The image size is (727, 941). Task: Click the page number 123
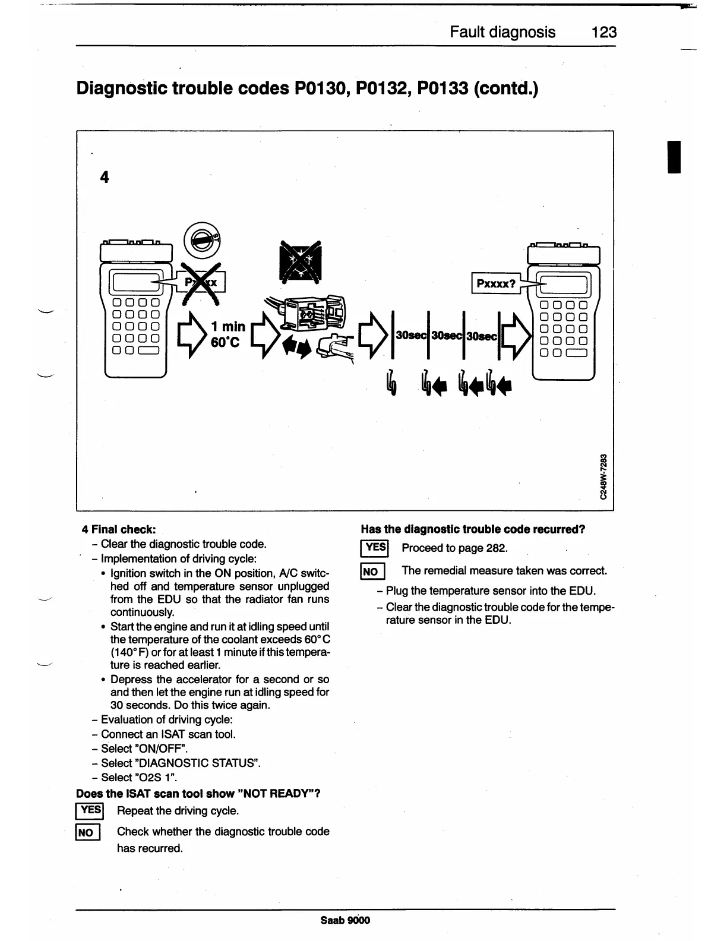[x=603, y=32]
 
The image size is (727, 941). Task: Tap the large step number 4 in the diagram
[x=105, y=177]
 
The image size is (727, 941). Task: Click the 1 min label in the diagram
[x=228, y=326]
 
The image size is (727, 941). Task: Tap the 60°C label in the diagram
[x=225, y=343]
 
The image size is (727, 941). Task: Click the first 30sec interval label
[x=409, y=336]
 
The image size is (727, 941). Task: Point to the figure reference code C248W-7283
[x=604, y=476]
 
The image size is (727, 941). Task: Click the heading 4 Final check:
[x=119, y=529]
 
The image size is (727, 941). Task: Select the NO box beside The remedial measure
[x=372, y=571]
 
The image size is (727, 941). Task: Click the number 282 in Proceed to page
[x=497, y=548]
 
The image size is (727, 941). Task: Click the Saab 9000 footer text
[x=345, y=920]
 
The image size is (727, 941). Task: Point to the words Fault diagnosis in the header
[x=502, y=32]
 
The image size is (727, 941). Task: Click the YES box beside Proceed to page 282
[x=374, y=548]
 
